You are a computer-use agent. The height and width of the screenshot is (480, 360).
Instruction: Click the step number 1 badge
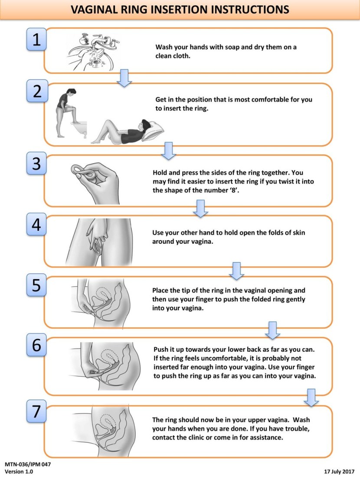click(x=36, y=39)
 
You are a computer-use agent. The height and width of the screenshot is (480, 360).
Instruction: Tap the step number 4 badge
click(x=36, y=224)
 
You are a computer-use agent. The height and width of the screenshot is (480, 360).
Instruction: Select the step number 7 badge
click(x=36, y=411)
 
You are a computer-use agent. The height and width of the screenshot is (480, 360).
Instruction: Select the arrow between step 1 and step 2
click(x=124, y=78)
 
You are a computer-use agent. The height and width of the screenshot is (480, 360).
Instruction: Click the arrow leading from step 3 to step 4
click(x=200, y=208)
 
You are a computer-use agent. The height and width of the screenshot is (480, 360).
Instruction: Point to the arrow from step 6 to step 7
click(x=311, y=397)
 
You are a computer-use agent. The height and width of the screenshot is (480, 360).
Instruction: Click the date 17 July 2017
click(x=339, y=471)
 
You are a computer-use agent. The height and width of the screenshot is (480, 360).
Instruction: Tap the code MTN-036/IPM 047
click(x=28, y=464)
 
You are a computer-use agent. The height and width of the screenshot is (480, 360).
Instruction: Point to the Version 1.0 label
click(x=19, y=471)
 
